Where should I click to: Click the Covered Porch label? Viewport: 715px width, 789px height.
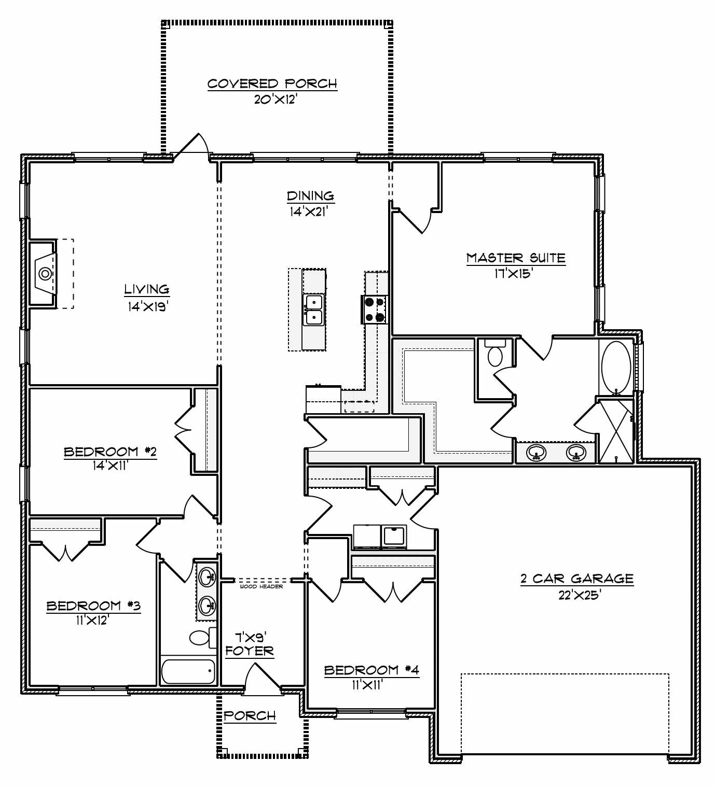coord(272,83)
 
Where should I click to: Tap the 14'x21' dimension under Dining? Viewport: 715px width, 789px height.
coord(310,211)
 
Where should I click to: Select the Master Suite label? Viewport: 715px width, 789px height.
coord(515,258)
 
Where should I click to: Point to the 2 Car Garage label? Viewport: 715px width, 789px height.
coord(577,579)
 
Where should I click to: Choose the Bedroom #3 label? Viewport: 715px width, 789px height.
coord(93,605)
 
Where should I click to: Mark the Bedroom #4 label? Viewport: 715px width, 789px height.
coord(372,670)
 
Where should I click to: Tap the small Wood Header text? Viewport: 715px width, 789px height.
coord(261,587)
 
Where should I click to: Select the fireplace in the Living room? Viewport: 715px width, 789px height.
coord(45,273)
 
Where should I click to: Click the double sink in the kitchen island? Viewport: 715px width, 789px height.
coord(314,309)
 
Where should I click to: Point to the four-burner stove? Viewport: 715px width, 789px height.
coord(374,309)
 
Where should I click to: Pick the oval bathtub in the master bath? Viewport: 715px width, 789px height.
coord(616,368)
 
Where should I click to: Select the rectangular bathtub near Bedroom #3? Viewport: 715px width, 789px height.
coord(188,672)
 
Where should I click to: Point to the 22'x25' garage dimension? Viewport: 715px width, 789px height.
coord(579,595)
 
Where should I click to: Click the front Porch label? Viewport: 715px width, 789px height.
coord(250,716)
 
